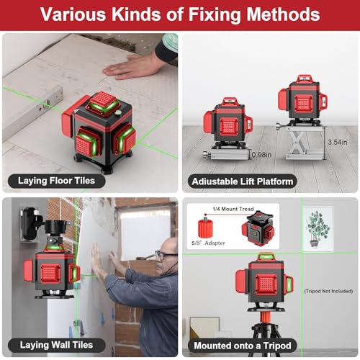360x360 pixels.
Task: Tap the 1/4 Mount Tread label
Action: click(230, 209)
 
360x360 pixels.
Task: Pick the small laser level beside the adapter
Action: click(257, 230)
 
